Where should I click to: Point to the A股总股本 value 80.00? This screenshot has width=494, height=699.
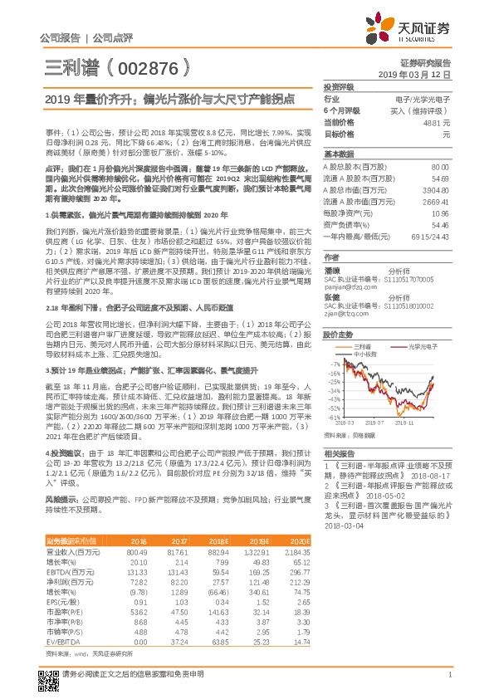tap(440, 167)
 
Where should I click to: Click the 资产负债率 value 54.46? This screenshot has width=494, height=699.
tap(440, 225)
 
